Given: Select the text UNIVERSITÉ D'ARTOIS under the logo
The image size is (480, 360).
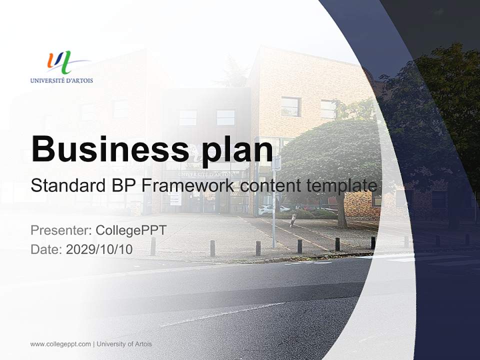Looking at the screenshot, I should click(x=61, y=80).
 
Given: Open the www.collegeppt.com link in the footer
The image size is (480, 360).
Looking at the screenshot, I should click(x=60, y=344).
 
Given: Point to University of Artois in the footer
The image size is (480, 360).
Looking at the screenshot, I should click(x=124, y=344).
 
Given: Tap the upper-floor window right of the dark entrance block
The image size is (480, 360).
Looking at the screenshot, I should click(x=290, y=106).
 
